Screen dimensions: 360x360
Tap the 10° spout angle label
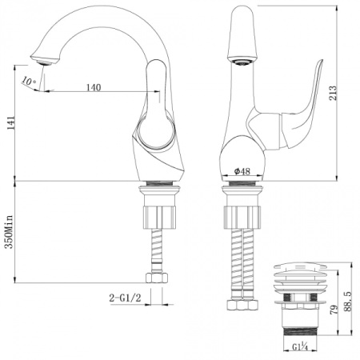point(29,82)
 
